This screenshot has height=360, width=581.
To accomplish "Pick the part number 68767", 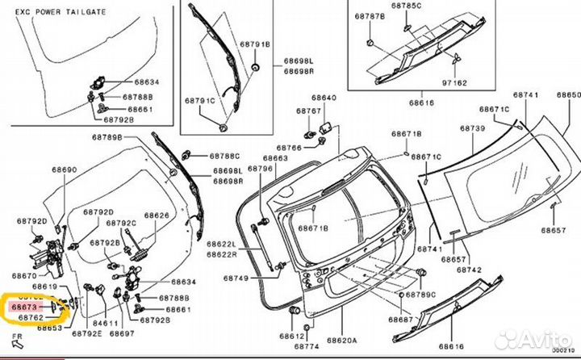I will (308, 110).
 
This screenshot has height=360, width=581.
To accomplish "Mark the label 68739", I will (473, 128).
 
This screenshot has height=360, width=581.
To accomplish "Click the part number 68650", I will (568, 95).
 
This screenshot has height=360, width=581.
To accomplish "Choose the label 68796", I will (260, 169).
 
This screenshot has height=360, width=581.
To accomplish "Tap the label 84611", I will (105, 322).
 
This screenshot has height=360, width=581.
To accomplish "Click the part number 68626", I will (157, 216).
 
